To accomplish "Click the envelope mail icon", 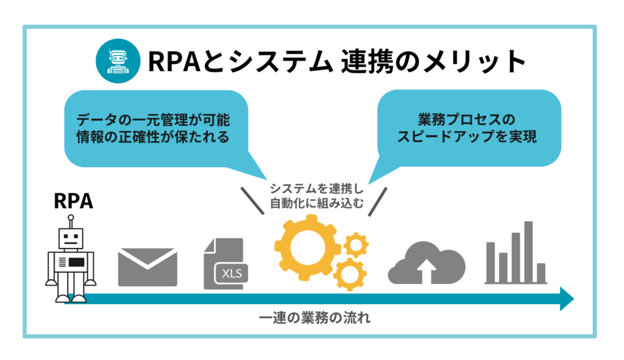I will [147, 267].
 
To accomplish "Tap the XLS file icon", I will [224, 264].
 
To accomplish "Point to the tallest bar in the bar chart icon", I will [528, 251].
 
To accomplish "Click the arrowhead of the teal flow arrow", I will [567, 299].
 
